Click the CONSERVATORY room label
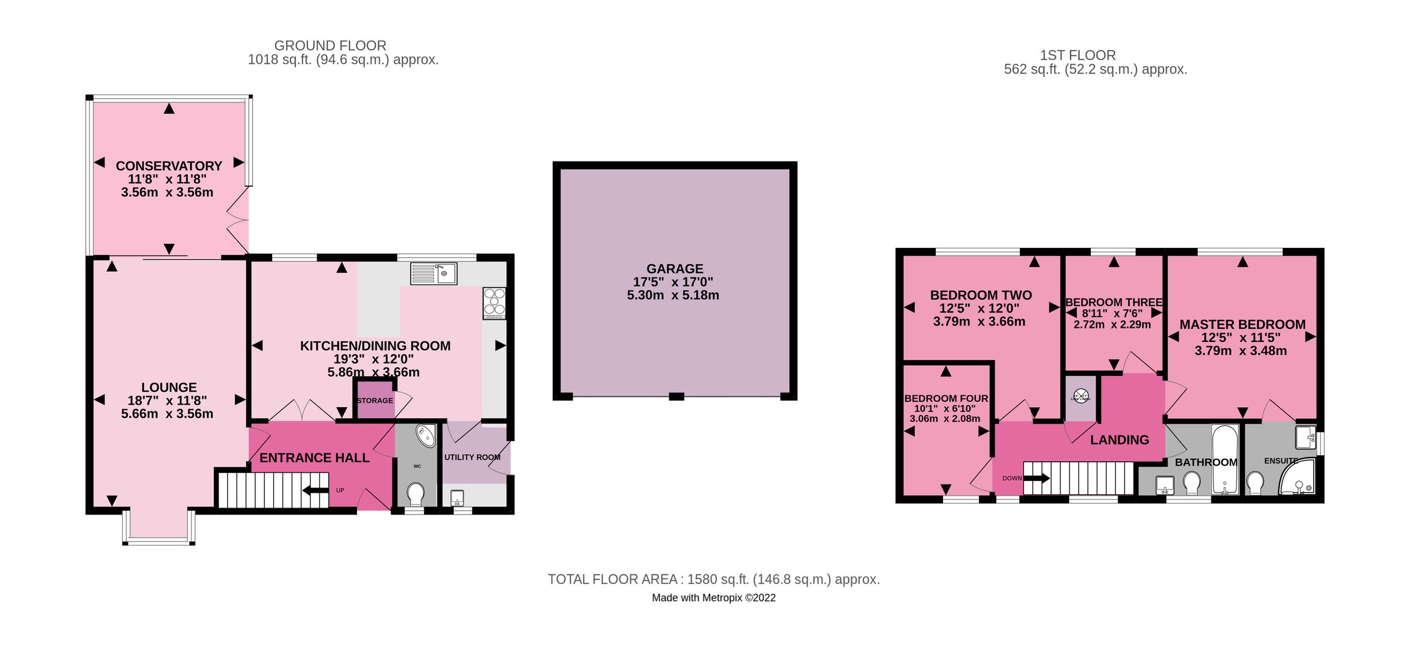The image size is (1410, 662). click(x=169, y=166)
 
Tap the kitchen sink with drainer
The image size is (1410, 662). click(x=434, y=274)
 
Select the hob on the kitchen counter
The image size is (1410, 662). click(x=494, y=303)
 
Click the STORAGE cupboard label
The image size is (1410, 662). click(x=375, y=401)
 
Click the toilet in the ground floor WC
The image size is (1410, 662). click(x=416, y=493)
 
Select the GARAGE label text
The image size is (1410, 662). click(x=674, y=269)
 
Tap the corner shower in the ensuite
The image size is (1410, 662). click(x=1298, y=478)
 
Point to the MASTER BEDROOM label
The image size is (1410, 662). click(x=1242, y=325)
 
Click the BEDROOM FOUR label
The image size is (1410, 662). click(x=946, y=398)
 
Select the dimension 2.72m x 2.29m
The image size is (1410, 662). click(x=1112, y=325)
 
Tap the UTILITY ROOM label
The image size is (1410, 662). click(x=472, y=457)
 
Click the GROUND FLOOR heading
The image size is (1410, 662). click(x=330, y=46)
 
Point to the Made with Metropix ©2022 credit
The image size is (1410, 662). click(x=713, y=598)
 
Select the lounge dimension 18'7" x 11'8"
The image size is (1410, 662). click(x=167, y=401)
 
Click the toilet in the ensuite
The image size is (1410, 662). click(x=1255, y=483)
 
